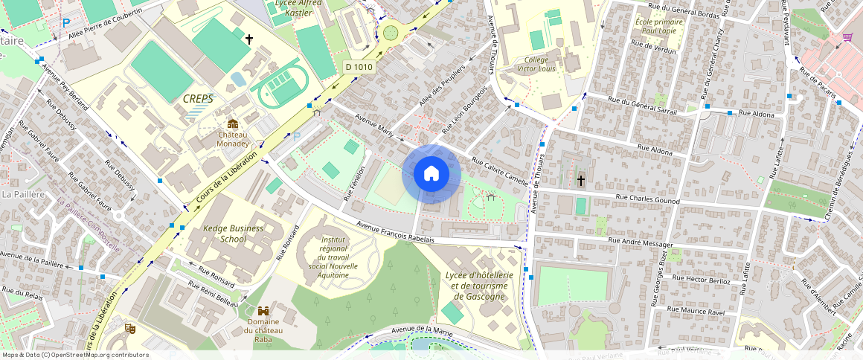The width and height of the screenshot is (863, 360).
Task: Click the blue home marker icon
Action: (x=431, y=174)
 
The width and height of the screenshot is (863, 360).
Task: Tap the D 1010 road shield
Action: (x=359, y=67)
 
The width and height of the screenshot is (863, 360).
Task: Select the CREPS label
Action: (x=198, y=98)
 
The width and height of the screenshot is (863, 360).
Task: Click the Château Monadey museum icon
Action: (x=233, y=124)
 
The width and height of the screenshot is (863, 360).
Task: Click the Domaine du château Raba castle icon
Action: (x=263, y=311)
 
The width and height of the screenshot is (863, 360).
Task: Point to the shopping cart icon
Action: (x=847, y=37)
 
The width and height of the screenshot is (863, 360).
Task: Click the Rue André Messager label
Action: (x=641, y=242)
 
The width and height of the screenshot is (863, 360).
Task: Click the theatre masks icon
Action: (x=130, y=328)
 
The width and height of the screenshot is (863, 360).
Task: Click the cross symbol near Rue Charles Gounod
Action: (x=581, y=181)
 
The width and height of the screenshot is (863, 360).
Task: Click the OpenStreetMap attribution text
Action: (x=75, y=355)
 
